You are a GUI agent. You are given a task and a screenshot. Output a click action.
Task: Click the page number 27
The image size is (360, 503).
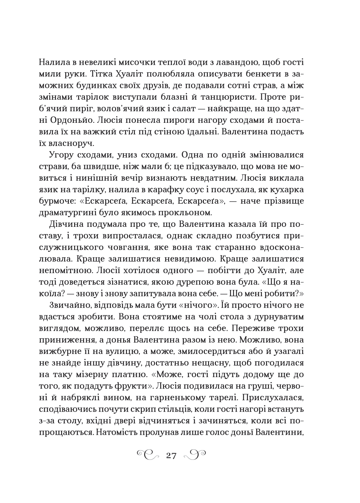[171, 455]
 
